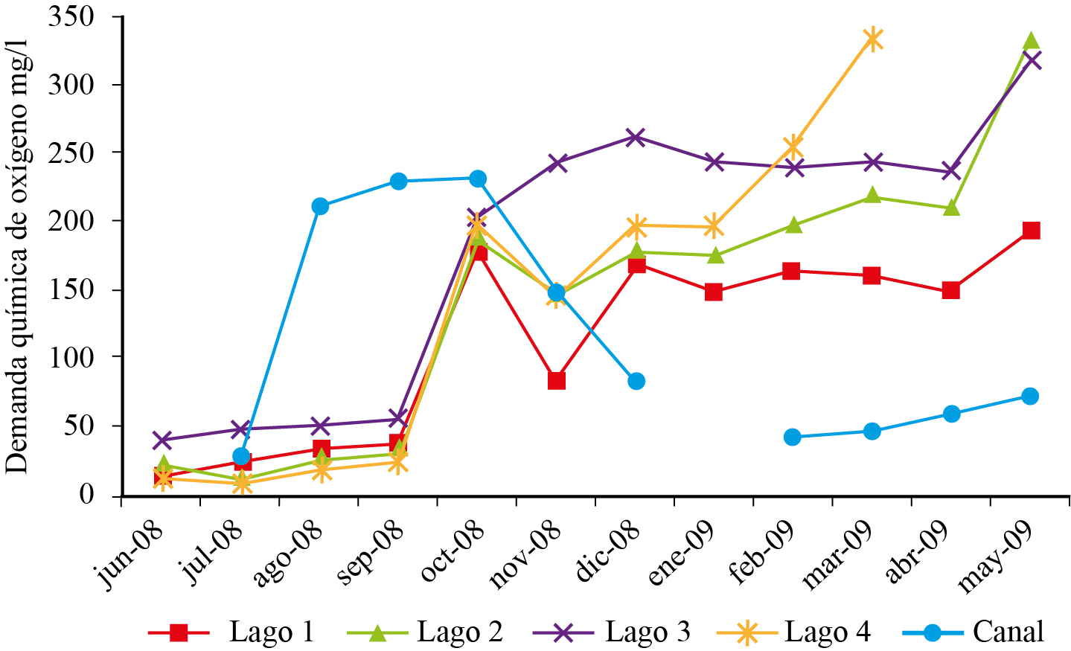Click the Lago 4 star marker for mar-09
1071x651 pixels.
pyautogui.click(x=872, y=39)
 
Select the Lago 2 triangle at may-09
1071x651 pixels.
pyautogui.click(x=1030, y=42)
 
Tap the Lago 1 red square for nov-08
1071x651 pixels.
pyautogui.click(x=556, y=380)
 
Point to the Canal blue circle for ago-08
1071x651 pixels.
pyautogui.click(x=320, y=206)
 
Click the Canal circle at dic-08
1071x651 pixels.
pyautogui.click(x=636, y=381)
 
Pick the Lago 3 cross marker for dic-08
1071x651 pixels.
pyautogui.click(x=635, y=137)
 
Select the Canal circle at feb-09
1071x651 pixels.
pyautogui.click(x=792, y=437)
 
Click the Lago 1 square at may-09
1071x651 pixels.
pyautogui.click(x=1030, y=231)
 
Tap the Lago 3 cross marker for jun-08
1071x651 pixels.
pyautogui.click(x=162, y=440)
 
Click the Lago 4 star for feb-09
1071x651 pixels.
pyautogui.click(x=793, y=145)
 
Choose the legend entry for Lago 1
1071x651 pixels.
pyautogui.click(x=271, y=632)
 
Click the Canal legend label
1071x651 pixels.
pyautogui.click(x=1008, y=632)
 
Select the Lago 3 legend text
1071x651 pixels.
pyautogui.click(x=648, y=632)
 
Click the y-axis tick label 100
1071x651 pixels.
pyautogui.click(x=71, y=357)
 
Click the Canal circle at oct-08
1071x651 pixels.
pyautogui.click(x=478, y=179)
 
